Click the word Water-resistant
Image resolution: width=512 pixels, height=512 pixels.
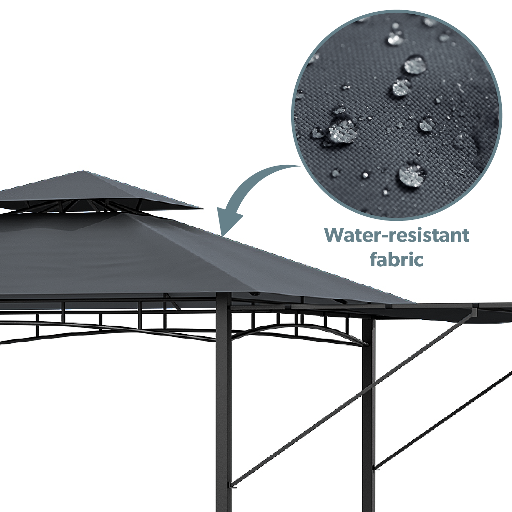coord(397,235)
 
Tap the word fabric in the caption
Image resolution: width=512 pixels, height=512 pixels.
coord(397,259)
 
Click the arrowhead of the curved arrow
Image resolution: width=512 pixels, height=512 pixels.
coord(229,222)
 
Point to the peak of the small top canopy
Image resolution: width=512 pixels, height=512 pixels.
coord(83,170)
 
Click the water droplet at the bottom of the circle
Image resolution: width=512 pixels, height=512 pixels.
coord(412,175)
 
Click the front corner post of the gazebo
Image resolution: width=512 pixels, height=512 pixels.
coord(224,403)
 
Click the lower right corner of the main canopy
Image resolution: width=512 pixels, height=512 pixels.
coord(415,303)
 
